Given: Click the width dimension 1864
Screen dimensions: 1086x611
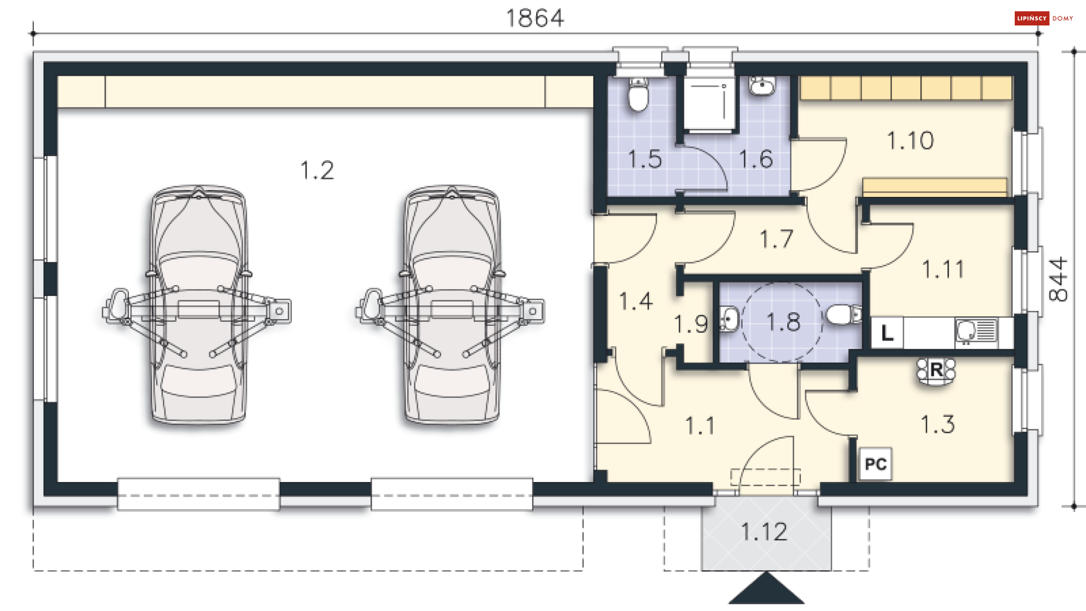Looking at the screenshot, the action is click(x=535, y=18).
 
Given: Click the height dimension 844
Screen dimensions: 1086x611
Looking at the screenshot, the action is click(x=1058, y=279).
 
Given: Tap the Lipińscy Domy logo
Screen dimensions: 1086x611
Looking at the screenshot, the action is click(x=1044, y=18).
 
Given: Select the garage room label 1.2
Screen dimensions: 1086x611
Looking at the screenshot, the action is click(x=317, y=170).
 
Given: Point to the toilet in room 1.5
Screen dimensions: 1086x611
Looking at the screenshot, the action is click(x=639, y=94).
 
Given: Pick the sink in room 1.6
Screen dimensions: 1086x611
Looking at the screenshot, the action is click(x=762, y=86).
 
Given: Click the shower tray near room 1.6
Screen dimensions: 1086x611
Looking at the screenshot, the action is click(x=709, y=104).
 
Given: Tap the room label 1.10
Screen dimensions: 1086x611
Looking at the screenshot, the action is click(x=910, y=140).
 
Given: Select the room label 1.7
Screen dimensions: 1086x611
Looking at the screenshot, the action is click(x=776, y=239).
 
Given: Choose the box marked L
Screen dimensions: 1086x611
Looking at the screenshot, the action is click(x=886, y=333).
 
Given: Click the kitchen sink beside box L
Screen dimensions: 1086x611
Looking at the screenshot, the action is click(x=976, y=332).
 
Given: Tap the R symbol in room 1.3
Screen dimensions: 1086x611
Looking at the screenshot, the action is click(x=936, y=371).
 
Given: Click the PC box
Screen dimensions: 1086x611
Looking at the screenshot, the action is click(x=875, y=464).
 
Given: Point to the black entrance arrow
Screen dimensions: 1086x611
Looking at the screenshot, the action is click(x=766, y=588).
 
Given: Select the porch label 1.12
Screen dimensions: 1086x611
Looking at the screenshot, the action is click(x=764, y=532).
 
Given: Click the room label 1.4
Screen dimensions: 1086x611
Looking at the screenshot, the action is click(x=636, y=301).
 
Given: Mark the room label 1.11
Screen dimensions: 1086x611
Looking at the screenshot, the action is click(x=943, y=269).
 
